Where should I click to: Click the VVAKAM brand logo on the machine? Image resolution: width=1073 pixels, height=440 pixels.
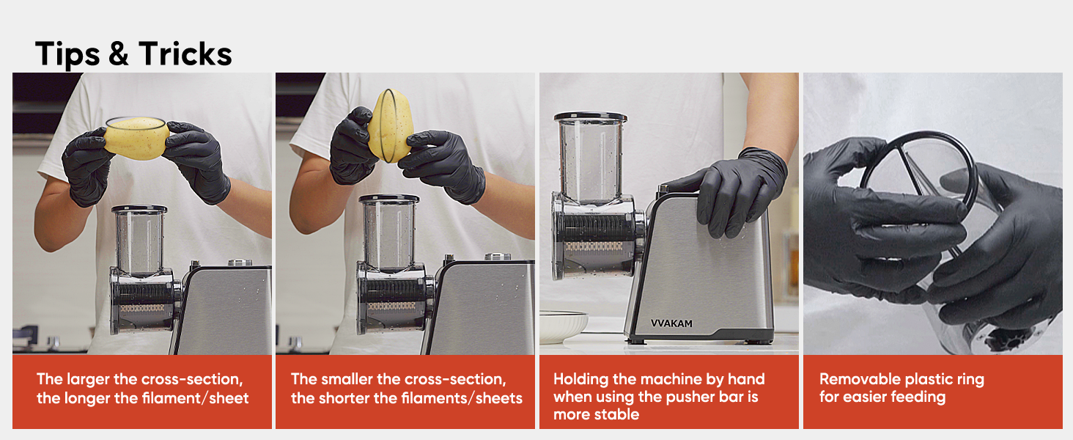pyautogui.click(x=671, y=323)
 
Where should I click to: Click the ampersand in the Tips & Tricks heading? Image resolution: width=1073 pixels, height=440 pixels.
pyautogui.click(x=119, y=54)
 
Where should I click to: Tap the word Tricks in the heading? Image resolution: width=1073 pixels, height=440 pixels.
pyautogui.click(x=185, y=54)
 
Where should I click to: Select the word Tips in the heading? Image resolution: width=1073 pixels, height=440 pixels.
pyautogui.click(x=67, y=55)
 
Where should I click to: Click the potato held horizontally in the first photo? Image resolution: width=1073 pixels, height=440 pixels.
pyautogui.click(x=136, y=138)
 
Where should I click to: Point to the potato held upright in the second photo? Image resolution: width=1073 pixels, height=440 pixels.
pyautogui.click(x=391, y=125)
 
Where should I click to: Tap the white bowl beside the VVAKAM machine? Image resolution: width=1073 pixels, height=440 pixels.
pyautogui.click(x=564, y=326)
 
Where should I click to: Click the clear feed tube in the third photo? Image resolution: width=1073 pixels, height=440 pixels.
pyautogui.click(x=591, y=158)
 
